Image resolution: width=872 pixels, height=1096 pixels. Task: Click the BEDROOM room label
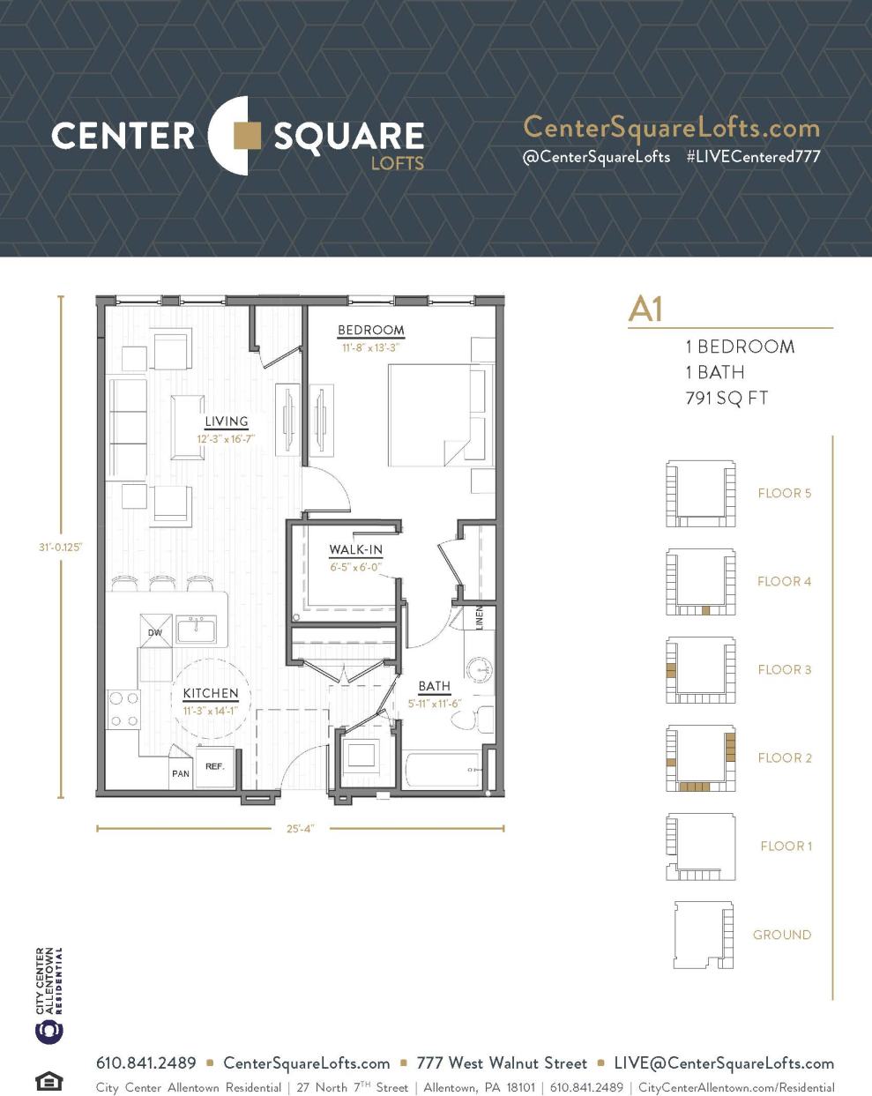[370, 331]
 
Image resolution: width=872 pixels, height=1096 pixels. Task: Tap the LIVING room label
[226, 421]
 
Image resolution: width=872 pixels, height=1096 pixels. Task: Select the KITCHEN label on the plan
[211, 694]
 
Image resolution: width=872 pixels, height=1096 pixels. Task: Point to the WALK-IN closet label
[355, 550]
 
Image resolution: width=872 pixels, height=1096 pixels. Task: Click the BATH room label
[434, 686]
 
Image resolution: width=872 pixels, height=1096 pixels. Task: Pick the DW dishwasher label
[155, 632]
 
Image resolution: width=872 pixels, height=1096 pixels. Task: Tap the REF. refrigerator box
[215, 767]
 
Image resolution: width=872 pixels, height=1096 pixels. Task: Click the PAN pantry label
[181, 773]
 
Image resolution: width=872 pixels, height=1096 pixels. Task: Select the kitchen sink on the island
[196, 630]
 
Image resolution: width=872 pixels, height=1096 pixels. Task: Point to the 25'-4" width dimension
[301, 829]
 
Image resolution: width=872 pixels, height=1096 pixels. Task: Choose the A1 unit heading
[645, 309]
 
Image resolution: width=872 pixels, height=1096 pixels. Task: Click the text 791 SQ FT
[727, 398]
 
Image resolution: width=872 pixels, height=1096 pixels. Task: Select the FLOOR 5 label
[784, 493]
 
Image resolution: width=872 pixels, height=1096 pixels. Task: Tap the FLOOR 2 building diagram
[700, 758]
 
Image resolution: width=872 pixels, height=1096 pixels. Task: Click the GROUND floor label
[781, 935]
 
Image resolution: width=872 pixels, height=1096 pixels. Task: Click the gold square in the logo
[246, 136]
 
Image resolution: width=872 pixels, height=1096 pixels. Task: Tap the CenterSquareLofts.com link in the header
[671, 128]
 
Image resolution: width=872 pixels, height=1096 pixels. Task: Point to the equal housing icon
[48, 1080]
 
